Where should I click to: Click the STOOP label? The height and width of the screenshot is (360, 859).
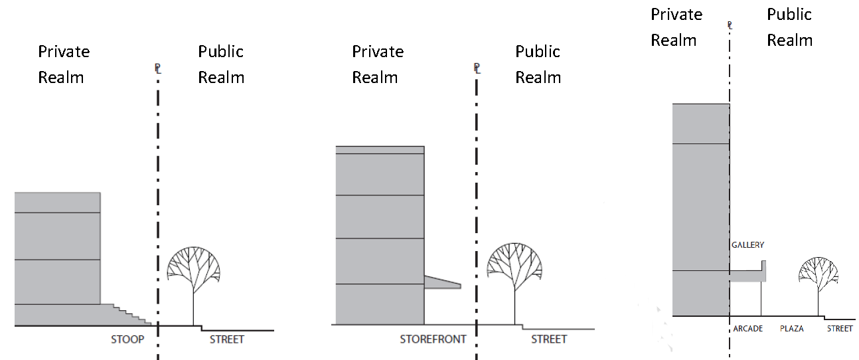[x=127, y=339]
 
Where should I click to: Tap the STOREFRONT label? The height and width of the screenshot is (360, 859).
[x=433, y=339]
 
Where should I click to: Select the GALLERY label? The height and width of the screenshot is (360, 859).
[x=748, y=245]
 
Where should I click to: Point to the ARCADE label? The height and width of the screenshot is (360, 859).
[x=748, y=329]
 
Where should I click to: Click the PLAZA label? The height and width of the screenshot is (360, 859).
[x=791, y=329]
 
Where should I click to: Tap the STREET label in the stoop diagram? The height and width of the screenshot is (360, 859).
[x=227, y=339]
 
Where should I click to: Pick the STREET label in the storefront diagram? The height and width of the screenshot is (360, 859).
[x=549, y=339]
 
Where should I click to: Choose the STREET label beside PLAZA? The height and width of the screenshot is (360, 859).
[x=839, y=329]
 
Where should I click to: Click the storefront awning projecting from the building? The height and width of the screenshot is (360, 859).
[x=440, y=282]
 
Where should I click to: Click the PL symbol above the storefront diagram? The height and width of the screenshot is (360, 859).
[x=477, y=68]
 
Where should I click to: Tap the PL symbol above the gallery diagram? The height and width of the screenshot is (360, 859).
[x=730, y=26]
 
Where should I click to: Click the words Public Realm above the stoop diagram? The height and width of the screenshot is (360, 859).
[x=221, y=64]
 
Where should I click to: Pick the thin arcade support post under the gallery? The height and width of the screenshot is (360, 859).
[x=761, y=299]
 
